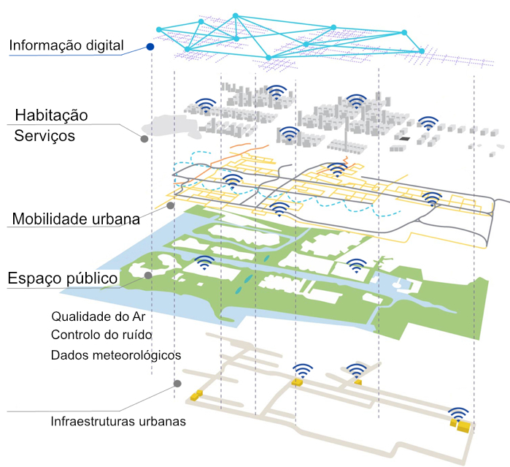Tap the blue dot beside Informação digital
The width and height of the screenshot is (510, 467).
150,47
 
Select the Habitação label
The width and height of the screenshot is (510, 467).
51,115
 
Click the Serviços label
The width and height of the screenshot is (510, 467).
45,136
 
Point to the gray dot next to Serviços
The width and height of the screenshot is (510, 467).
144,138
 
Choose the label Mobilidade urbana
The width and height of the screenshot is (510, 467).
74,219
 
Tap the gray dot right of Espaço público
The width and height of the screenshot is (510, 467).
147,276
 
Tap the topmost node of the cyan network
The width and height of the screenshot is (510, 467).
235,15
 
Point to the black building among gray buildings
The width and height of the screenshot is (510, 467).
403,138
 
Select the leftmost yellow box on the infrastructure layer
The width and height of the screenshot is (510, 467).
195,395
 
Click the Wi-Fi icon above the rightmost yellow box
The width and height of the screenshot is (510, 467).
458,414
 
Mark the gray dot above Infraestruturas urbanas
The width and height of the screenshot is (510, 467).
177,384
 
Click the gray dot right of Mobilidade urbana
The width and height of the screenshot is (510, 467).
170,206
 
